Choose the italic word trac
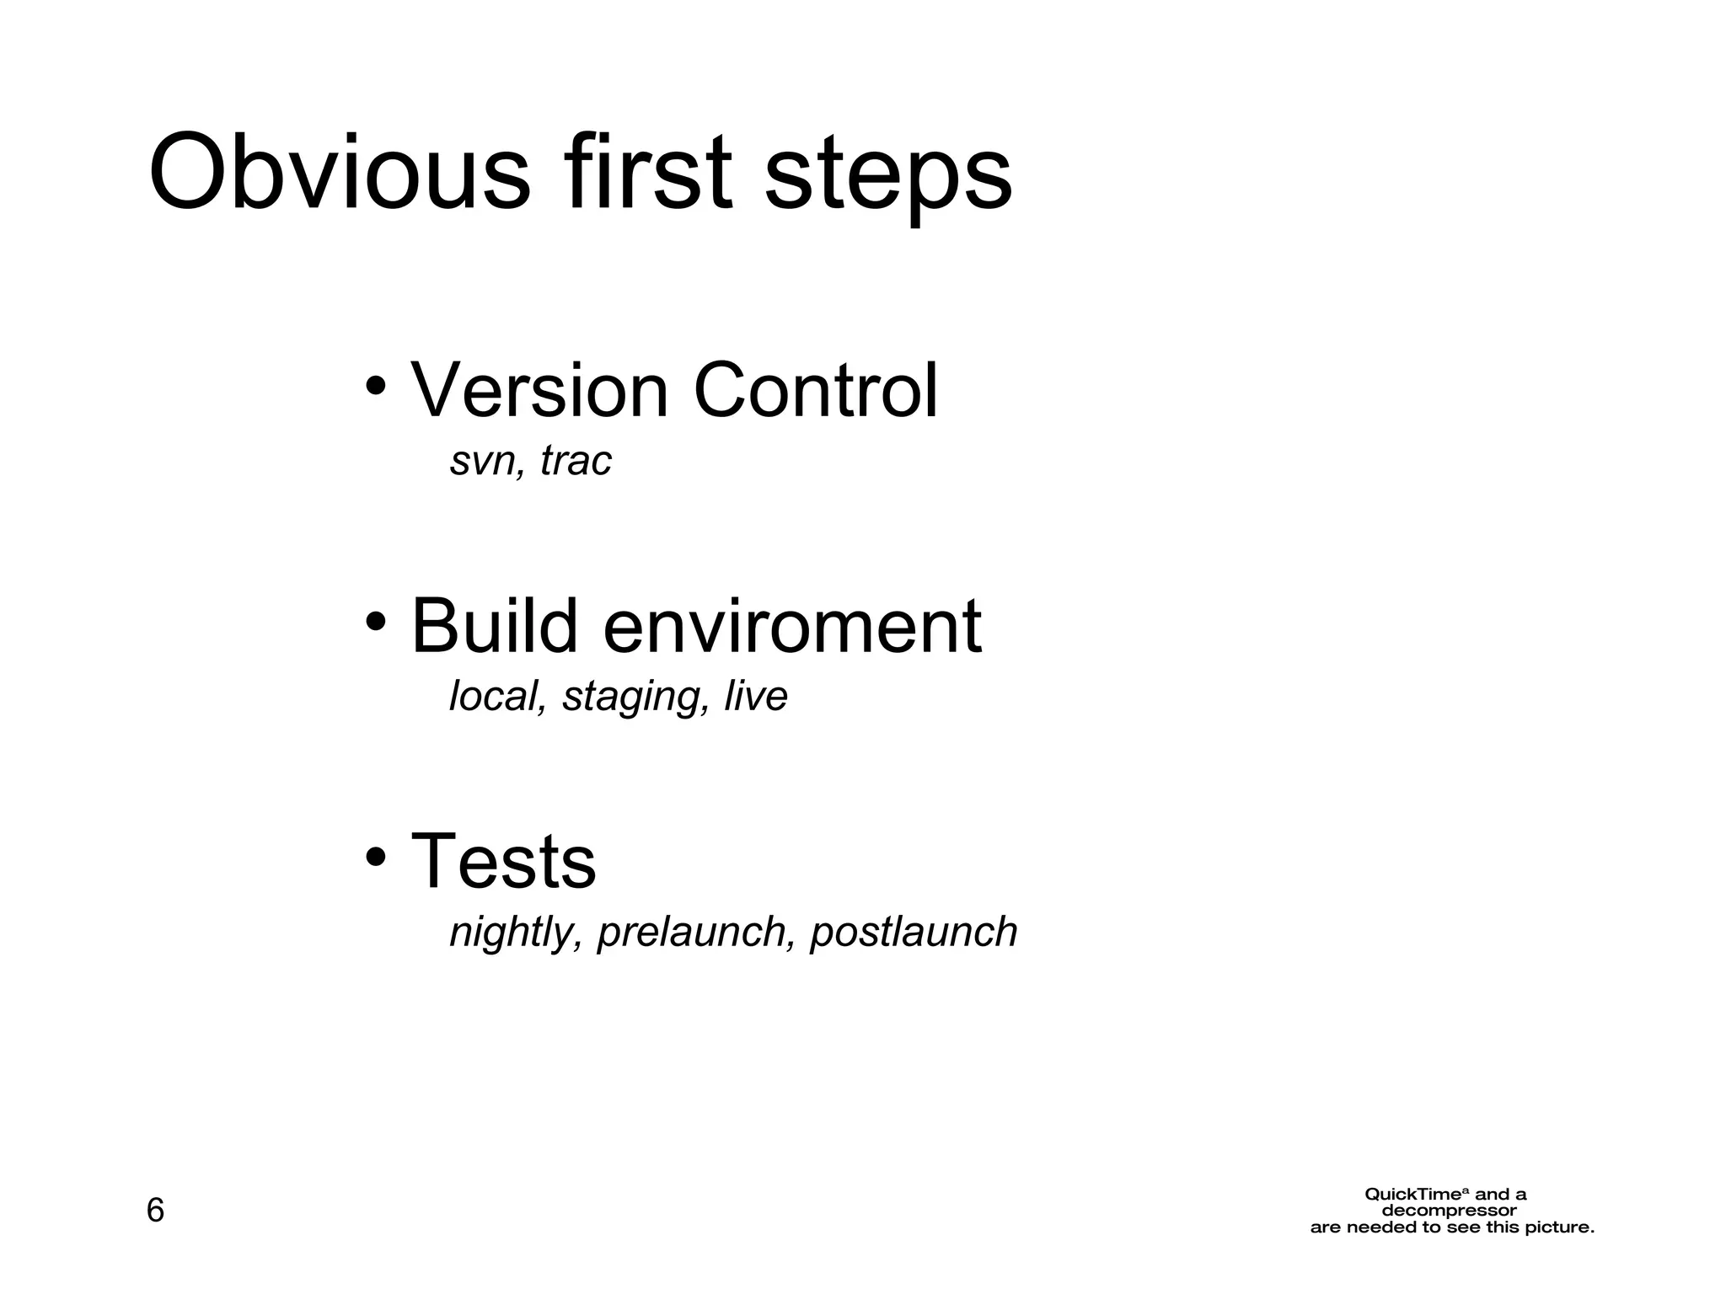(576, 461)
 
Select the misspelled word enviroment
(792, 628)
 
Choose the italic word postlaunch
(914, 933)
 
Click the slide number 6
(156, 1211)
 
